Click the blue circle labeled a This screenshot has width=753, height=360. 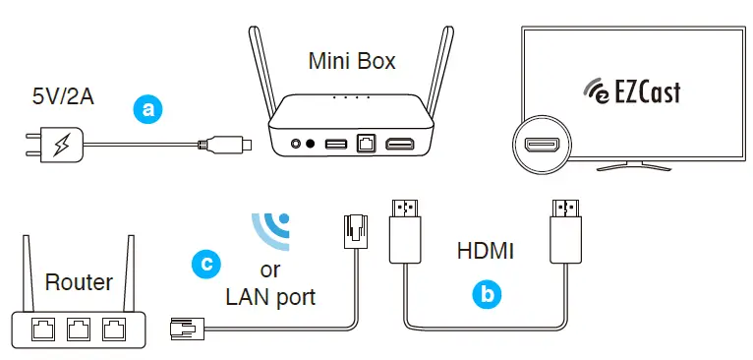(148, 109)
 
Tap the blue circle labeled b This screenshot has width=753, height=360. (485, 292)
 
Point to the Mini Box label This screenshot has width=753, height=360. (352, 61)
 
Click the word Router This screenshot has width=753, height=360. (79, 283)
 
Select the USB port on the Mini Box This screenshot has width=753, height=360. (335, 145)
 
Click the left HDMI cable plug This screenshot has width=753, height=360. (405, 228)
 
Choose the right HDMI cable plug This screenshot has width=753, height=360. (564, 228)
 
